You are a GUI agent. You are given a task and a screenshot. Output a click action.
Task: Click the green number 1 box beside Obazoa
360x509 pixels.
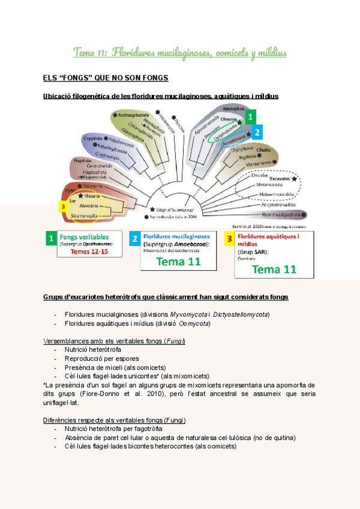click(x=251, y=116)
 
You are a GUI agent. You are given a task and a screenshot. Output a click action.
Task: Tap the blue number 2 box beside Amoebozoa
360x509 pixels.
click(x=257, y=131)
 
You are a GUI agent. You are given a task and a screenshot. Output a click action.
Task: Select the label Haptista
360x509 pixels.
click(x=77, y=161)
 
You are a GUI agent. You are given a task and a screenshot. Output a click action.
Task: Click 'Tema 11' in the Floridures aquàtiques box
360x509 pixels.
click(x=274, y=270)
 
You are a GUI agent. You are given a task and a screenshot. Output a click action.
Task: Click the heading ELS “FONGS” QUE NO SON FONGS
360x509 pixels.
click(x=106, y=78)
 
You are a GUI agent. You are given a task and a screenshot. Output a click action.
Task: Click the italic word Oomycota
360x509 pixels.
click(x=195, y=324)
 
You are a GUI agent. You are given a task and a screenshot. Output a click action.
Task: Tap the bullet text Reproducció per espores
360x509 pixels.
click(x=98, y=358)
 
